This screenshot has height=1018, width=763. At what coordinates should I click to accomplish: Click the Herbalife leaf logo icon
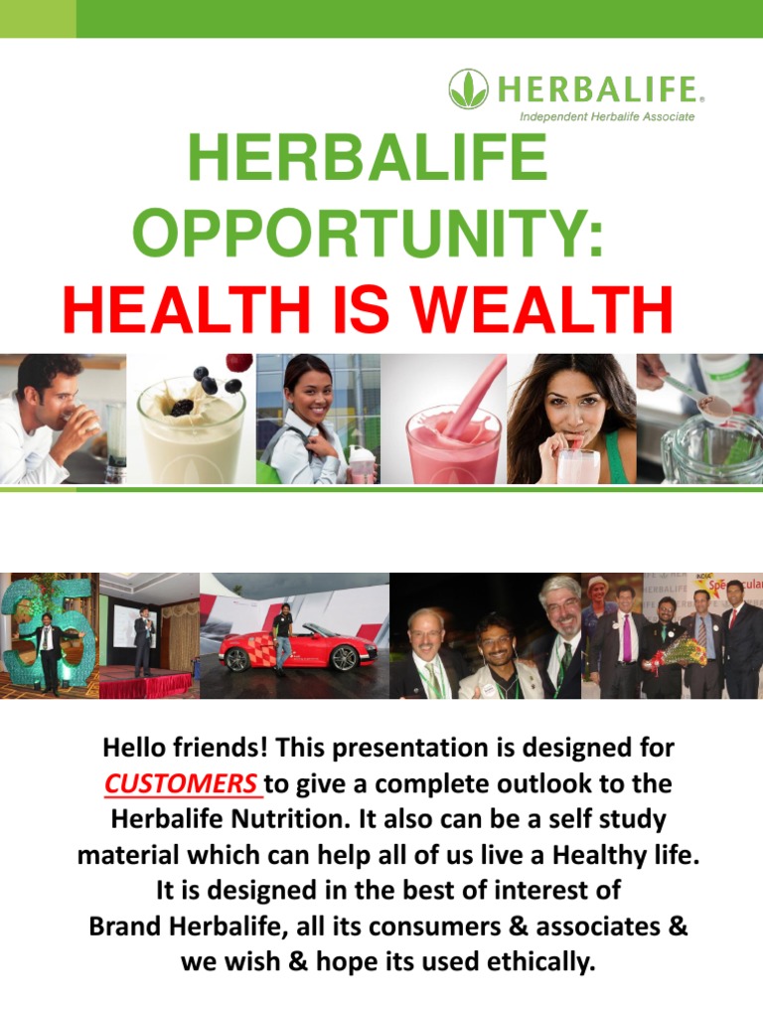pos(468,88)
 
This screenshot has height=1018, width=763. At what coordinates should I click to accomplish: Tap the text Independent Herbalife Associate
pos(608,117)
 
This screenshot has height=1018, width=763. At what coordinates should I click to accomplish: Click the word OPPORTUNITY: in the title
pos(368,234)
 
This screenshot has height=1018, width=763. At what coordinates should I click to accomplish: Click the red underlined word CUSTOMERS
pos(181,783)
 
